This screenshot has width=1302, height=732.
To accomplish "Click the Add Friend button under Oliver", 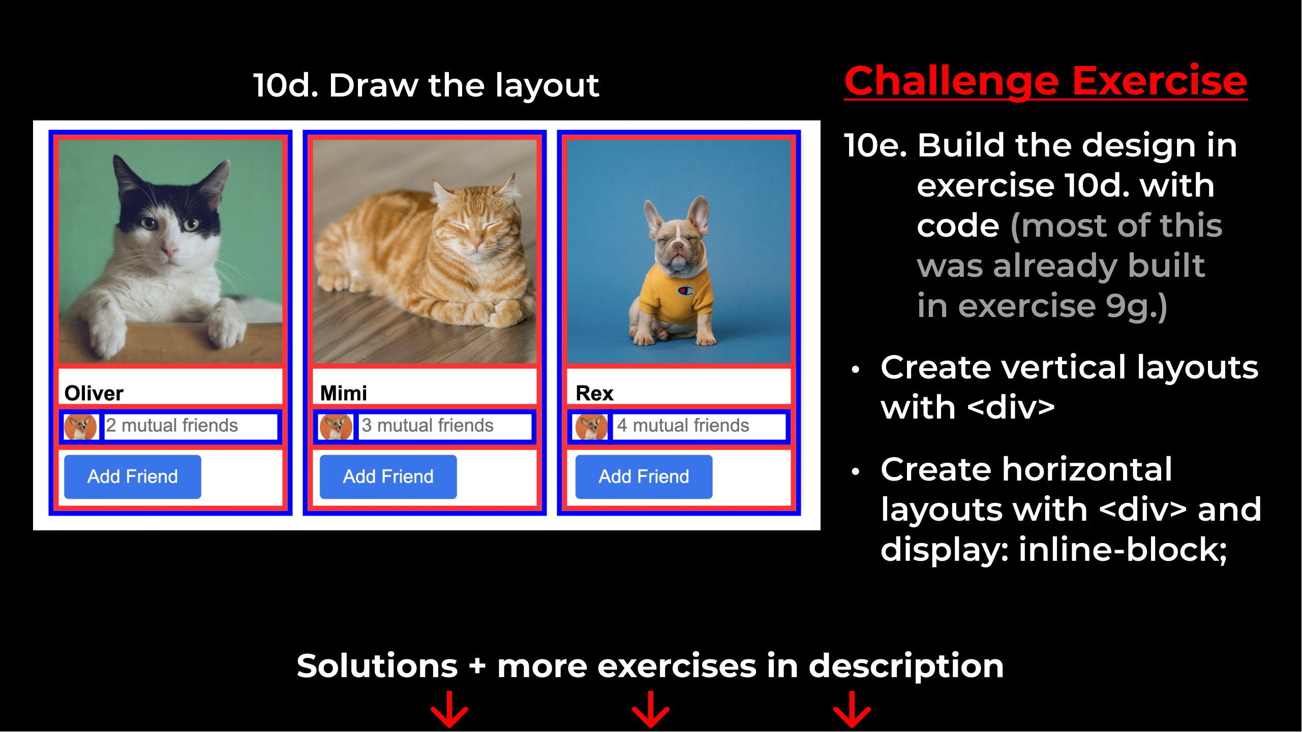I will click(x=132, y=476).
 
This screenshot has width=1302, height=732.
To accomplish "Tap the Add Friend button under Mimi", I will click(x=388, y=476).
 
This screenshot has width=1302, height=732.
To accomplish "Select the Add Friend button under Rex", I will click(x=644, y=476).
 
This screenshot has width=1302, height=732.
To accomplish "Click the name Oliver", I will click(x=94, y=393).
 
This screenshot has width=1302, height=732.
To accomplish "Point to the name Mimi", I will click(x=344, y=393).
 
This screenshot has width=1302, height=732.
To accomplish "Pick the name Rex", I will click(x=594, y=393).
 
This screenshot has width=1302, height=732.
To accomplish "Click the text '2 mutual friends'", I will click(x=172, y=425).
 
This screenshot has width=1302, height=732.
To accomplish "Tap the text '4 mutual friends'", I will click(x=683, y=425).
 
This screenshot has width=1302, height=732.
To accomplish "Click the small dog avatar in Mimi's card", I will click(x=336, y=427).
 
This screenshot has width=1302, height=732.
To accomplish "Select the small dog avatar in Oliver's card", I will click(x=80, y=427).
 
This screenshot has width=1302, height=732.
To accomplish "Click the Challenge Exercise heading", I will click(x=1046, y=81).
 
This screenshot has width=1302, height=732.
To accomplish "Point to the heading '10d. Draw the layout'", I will click(x=426, y=85).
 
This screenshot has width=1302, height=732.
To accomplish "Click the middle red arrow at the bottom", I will click(x=651, y=709).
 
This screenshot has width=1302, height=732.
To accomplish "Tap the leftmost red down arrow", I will click(x=449, y=709).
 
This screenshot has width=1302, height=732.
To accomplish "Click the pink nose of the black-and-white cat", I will click(x=168, y=250).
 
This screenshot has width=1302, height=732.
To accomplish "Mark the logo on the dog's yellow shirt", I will click(x=686, y=291).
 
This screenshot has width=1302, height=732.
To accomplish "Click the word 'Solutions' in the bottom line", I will click(x=377, y=665).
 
